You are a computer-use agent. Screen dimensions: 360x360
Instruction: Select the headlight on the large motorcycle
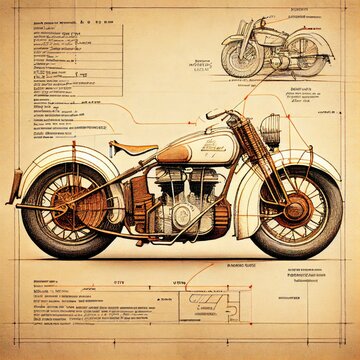(270, 128)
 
